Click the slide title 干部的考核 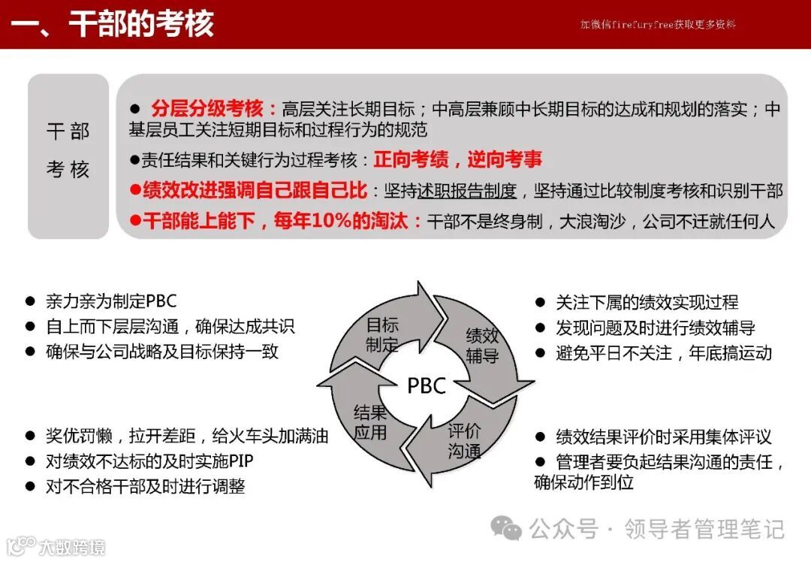pos(141,24)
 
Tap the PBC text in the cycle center pos(427,385)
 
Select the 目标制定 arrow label pos(382,335)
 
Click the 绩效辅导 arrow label pos(482,345)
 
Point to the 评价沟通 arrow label pos(465,441)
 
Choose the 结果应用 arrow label pos(370,421)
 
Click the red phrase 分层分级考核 pos(213,108)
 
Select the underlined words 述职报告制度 pos(467,191)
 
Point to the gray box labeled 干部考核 pos(68,151)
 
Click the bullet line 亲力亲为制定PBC pos(110,301)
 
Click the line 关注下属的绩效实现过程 pos(647,302)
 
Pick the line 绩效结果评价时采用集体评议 pos(663,437)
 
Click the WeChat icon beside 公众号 pos(506,529)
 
